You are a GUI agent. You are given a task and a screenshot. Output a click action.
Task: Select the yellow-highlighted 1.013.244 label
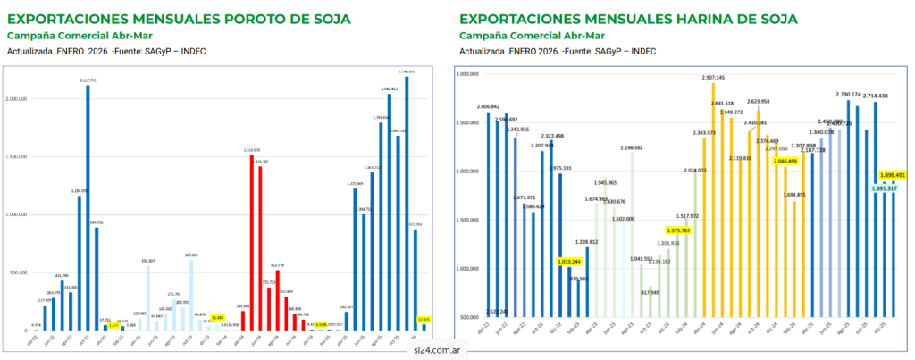(569, 262)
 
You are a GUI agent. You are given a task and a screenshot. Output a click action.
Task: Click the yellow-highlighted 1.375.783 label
(674, 230)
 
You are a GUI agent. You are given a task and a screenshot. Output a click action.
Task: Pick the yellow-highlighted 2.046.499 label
(785, 161)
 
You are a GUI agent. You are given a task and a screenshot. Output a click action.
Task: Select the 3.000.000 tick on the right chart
(469, 75)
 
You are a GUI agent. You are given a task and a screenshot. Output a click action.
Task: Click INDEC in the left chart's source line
(193, 51)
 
